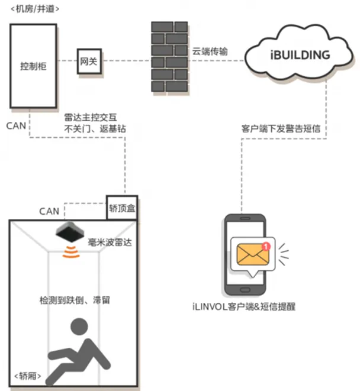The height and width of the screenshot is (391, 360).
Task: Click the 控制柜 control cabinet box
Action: coord(33,66)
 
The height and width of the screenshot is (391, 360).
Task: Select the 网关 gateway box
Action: coord(88,61)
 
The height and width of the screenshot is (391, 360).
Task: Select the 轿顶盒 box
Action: coord(122,208)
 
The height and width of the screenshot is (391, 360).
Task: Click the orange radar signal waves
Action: coord(72,254)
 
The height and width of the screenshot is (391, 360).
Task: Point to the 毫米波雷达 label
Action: coord(111,242)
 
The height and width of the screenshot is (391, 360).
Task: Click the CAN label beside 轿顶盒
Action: coord(49,211)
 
